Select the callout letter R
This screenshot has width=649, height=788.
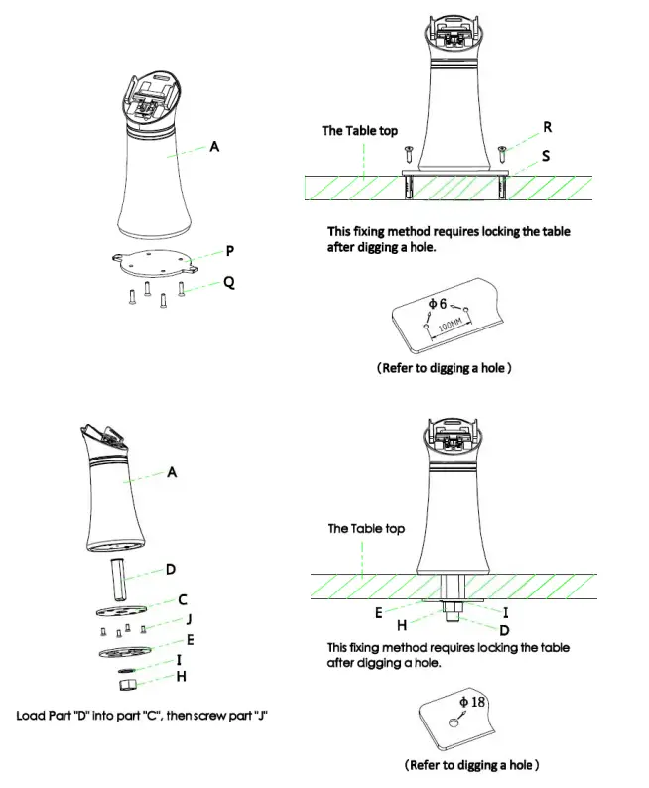point(547,128)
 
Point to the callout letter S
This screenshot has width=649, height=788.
point(546,157)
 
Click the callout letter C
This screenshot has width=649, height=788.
point(183,598)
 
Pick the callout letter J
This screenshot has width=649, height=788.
point(187,620)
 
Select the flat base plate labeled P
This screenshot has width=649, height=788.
point(149,261)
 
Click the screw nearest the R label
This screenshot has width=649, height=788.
point(503,152)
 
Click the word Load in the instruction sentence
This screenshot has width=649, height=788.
point(32,715)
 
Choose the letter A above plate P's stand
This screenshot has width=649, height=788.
point(213,146)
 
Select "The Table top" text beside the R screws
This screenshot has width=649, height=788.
point(358,130)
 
